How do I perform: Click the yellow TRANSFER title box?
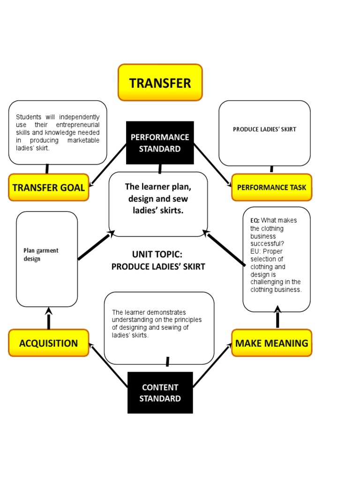160,83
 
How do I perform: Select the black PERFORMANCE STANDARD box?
160,143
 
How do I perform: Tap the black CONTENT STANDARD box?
160,393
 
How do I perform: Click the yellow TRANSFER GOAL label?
48,187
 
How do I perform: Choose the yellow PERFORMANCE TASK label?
271,187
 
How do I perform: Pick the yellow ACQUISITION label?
48,343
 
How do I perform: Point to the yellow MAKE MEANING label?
271,343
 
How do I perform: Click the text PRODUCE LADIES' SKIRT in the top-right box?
264,129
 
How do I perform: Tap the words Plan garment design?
41,255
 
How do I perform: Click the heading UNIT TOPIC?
157,255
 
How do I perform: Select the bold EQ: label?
255,220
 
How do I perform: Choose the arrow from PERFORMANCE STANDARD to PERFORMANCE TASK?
212,165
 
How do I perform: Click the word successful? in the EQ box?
267,244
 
